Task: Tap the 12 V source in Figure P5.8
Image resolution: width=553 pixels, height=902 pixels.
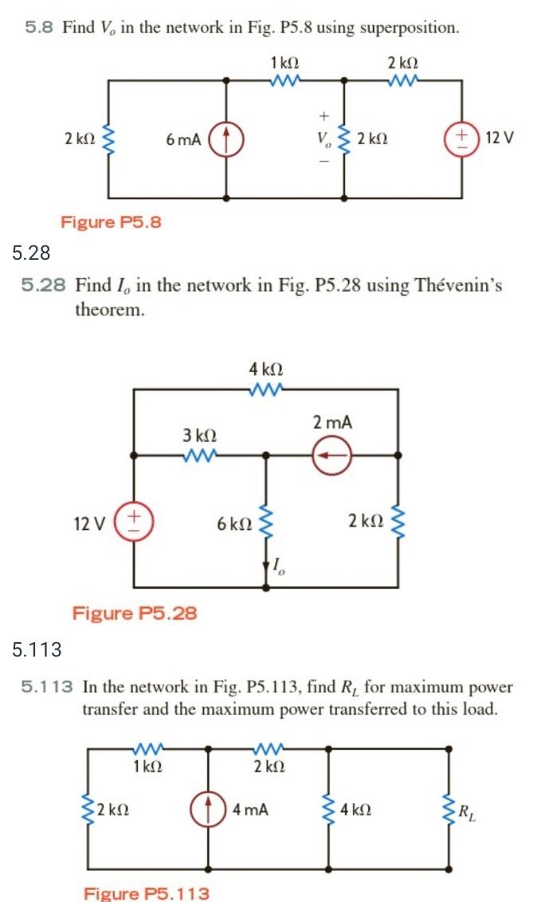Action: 461,137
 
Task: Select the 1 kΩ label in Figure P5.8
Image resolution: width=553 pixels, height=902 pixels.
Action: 284,62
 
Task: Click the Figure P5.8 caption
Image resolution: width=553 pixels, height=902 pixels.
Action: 111,222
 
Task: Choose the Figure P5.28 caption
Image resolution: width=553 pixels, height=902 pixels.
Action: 135,613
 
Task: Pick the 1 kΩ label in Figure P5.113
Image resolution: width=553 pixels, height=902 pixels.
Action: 148,767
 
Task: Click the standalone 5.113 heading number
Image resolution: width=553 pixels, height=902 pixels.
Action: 37,650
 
